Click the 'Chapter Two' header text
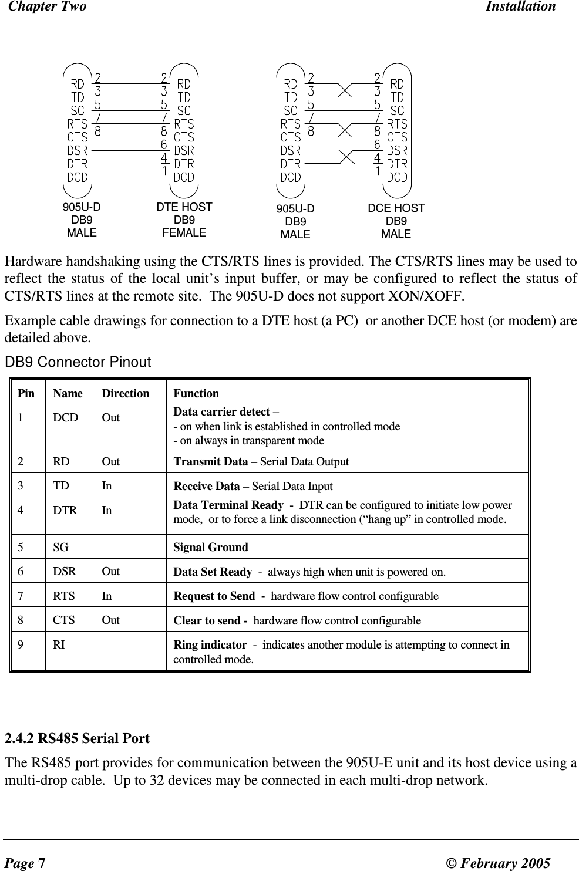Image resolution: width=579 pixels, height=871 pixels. coord(45,7)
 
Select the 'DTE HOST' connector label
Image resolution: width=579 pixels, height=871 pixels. coord(184,207)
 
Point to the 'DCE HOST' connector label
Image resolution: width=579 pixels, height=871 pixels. coord(396,208)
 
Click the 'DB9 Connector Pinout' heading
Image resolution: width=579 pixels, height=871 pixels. coord(78,363)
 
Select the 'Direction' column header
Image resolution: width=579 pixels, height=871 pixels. coord(126,393)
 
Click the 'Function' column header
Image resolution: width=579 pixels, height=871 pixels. coord(196,393)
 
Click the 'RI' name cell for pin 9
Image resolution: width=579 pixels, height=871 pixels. coord(59,644)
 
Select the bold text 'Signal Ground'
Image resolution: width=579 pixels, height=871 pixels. coord(211,548)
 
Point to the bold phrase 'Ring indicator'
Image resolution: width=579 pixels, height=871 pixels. coord(210,645)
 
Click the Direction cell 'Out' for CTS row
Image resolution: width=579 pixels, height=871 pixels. coord(111,620)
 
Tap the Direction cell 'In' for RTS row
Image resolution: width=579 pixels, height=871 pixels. coord(107,596)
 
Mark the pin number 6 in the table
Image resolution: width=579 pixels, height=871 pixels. coord(21,572)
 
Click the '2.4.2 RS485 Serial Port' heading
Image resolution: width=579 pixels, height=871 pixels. coord(77,738)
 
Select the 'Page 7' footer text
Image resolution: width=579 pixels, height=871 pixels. coord(24,863)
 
